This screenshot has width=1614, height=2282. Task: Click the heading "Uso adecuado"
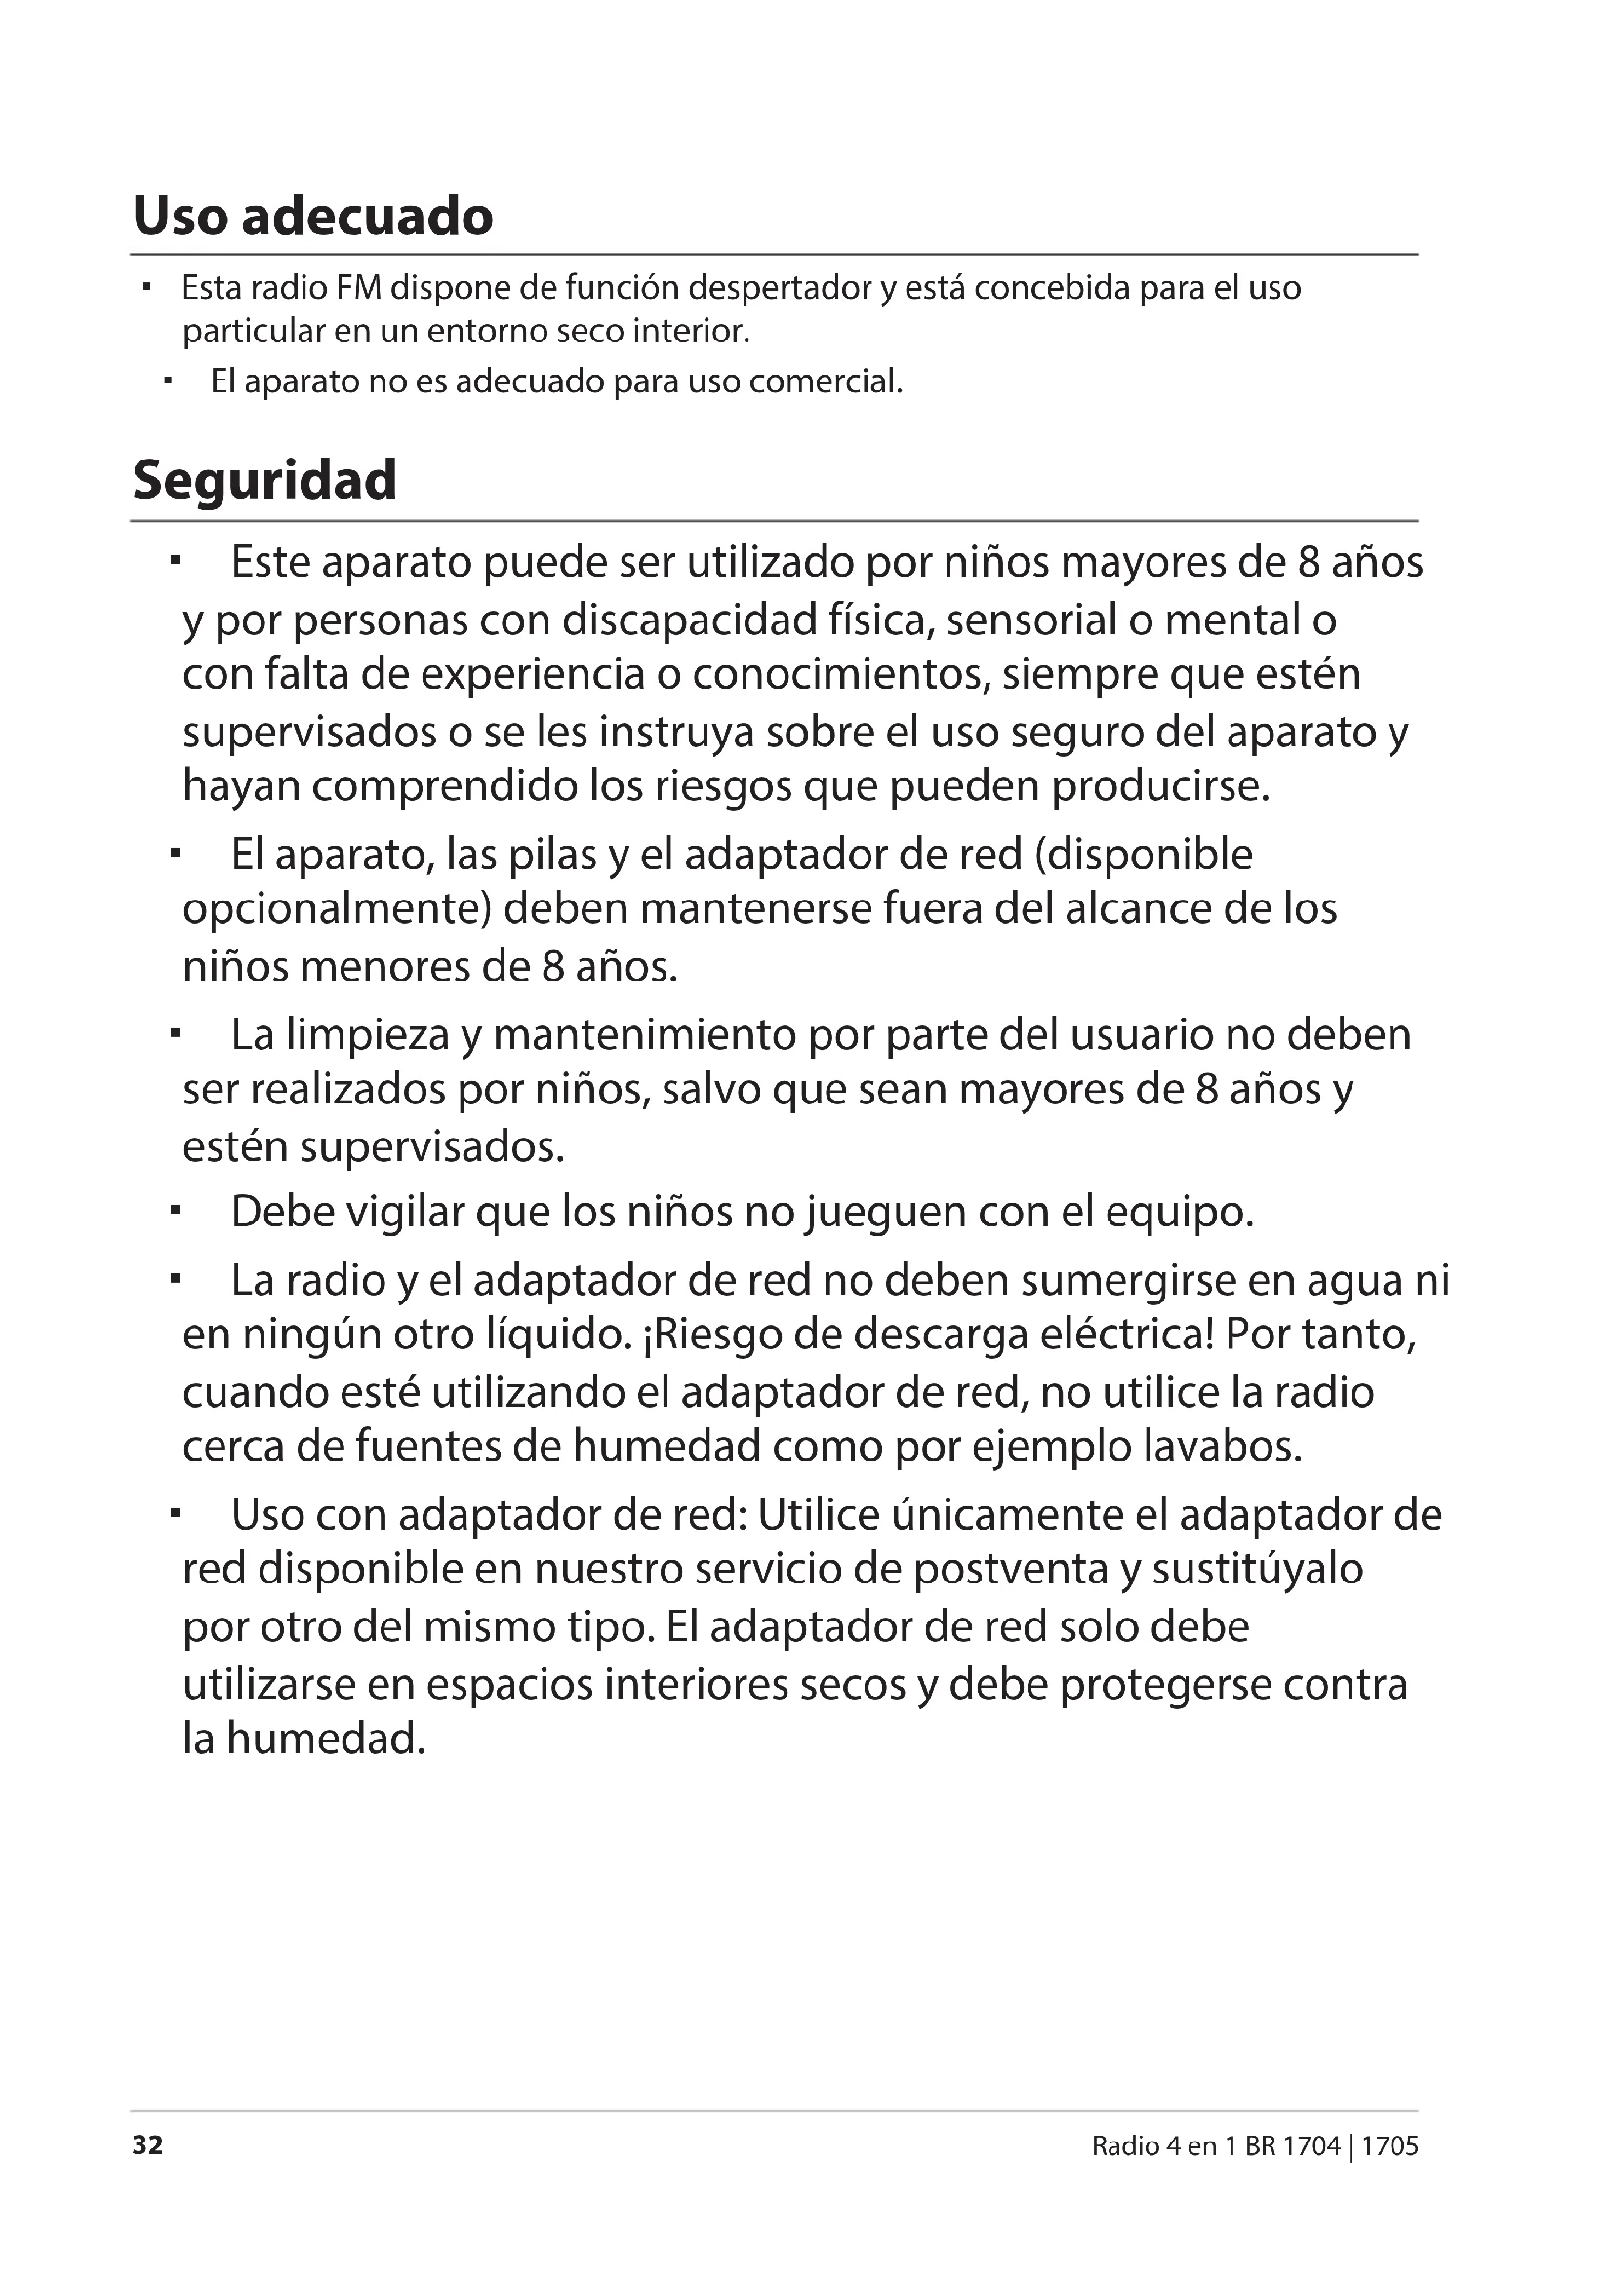tap(312, 216)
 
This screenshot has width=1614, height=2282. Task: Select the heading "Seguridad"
tap(264, 479)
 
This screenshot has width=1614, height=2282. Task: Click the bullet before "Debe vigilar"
tap(174, 1211)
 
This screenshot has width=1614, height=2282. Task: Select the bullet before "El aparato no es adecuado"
tap(168, 380)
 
